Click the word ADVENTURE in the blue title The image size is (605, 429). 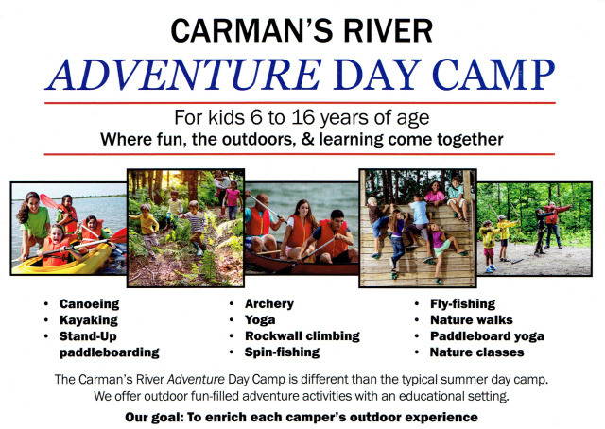click(x=183, y=75)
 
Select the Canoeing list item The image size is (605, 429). click(x=90, y=304)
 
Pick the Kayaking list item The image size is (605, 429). click(x=89, y=320)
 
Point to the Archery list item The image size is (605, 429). click(x=269, y=304)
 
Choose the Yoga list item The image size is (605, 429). click(x=260, y=320)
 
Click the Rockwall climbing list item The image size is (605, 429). click(x=302, y=336)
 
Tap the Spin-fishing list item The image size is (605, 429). click(x=282, y=352)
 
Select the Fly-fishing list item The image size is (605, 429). click(x=462, y=304)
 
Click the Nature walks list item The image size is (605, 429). click(x=472, y=320)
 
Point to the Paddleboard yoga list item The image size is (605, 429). click(x=488, y=336)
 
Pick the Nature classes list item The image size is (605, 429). click(x=476, y=352)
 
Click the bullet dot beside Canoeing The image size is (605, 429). click(x=46, y=304)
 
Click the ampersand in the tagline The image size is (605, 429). click(x=307, y=139)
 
